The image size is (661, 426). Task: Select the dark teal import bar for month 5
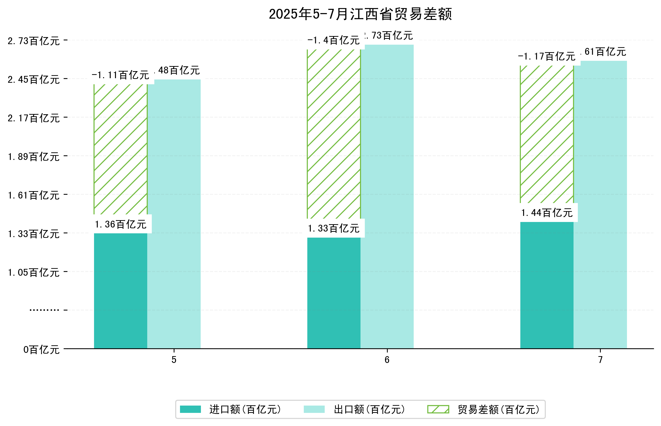click(x=120, y=291)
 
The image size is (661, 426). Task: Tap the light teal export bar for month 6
click(x=387, y=196)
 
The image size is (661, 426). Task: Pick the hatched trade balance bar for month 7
click(x=546, y=134)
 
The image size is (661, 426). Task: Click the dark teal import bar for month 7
click(x=546, y=285)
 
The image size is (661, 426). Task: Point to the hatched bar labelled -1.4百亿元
click(x=334, y=134)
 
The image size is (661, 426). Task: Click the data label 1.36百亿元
click(x=120, y=224)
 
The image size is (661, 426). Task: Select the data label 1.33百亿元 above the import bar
click(x=334, y=228)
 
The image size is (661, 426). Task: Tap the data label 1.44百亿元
click(x=546, y=213)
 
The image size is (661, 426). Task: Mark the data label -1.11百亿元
click(x=120, y=75)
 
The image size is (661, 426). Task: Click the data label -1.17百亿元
click(x=546, y=56)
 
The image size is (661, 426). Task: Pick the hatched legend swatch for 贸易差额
click(x=438, y=409)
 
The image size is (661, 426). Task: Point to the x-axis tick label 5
click(x=174, y=360)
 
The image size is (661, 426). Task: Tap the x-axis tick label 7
click(x=600, y=360)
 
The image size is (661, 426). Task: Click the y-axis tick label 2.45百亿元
click(x=34, y=80)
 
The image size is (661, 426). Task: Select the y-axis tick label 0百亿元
click(x=41, y=350)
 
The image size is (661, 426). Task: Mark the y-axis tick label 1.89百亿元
click(x=34, y=157)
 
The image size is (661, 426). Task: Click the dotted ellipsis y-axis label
click(x=44, y=310)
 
